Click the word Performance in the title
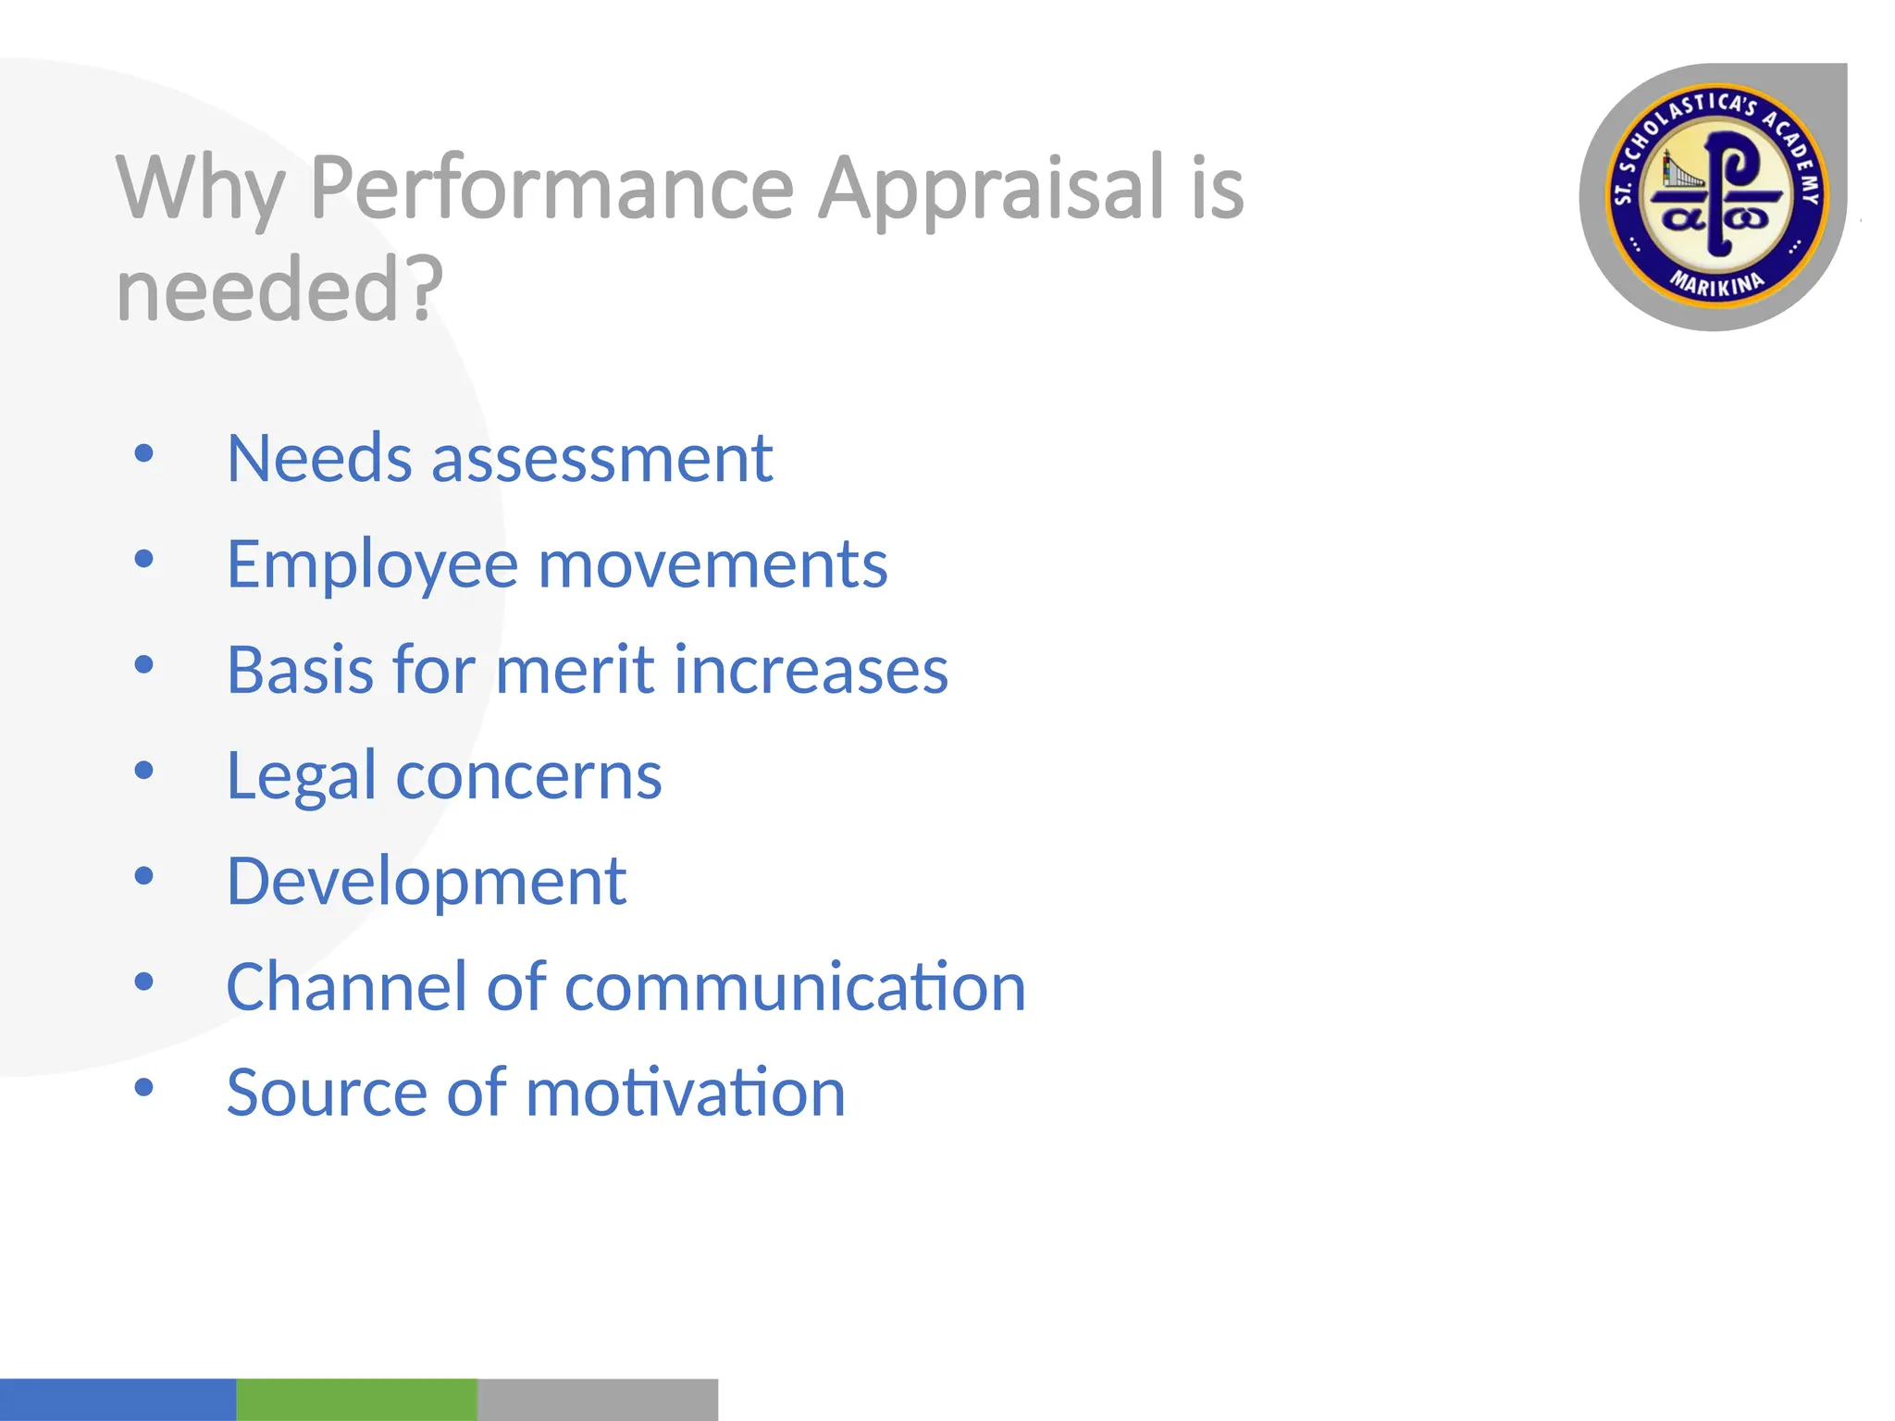coord(551,189)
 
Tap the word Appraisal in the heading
coord(990,189)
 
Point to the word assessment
coord(601,459)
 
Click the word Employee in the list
coord(372,564)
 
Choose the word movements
coord(712,564)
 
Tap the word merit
coord(575,670)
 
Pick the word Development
coord(426,881)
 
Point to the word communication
coord(795,987)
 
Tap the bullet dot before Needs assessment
coord(143,453)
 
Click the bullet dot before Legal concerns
coord(143,770)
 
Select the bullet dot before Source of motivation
coord(143,1087)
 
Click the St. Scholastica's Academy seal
coord(1715,196)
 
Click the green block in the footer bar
coord(356,1399)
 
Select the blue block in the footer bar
coord(118,1399)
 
